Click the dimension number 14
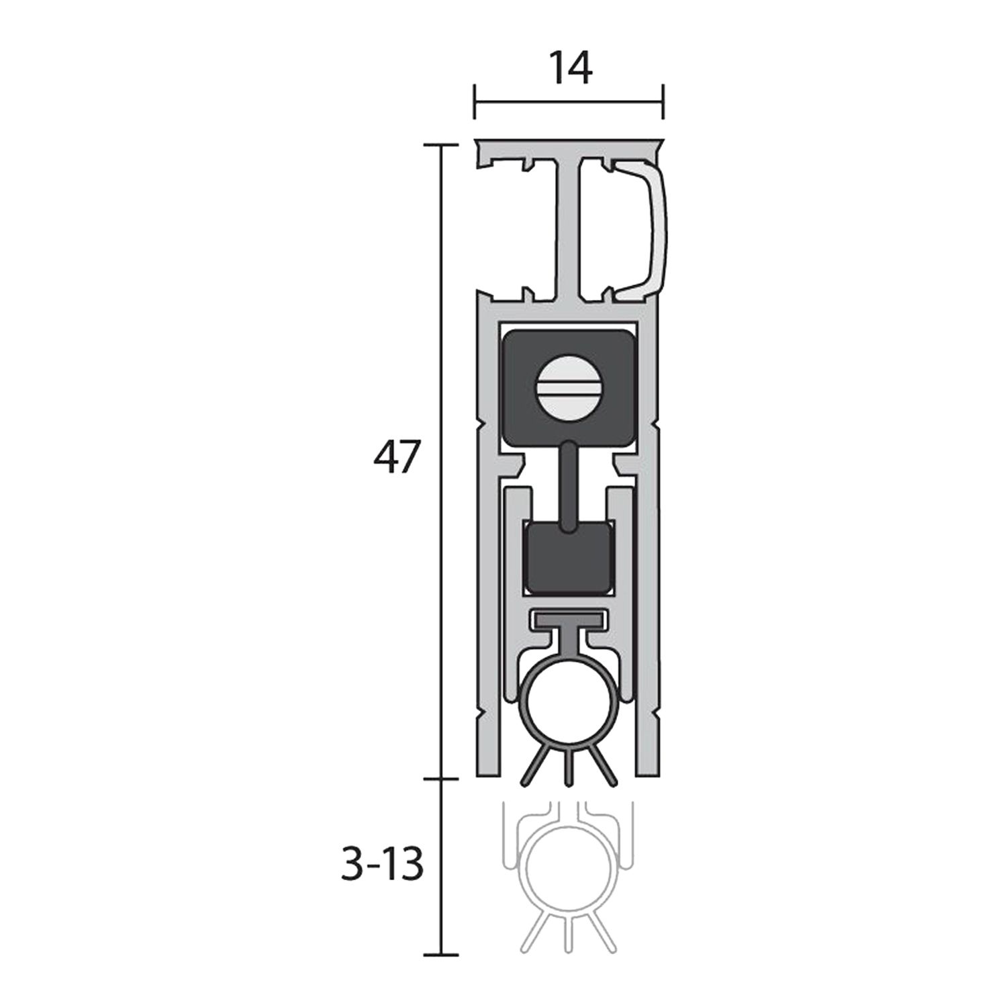pos(571,68)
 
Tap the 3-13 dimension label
pos(382,865)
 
